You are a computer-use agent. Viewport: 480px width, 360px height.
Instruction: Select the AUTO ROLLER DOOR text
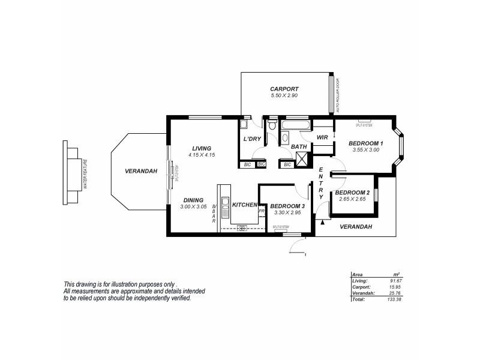point(338,95)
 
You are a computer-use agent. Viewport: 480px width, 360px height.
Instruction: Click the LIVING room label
point(202,148)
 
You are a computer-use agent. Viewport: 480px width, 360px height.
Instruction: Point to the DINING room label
point(193,200)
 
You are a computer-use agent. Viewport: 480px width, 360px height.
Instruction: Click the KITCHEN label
point(244,205)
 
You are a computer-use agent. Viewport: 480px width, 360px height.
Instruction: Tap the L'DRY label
point(251,139)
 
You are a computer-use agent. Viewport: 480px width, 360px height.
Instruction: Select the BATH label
point(299,146)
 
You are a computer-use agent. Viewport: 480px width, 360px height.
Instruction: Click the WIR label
point(322,137)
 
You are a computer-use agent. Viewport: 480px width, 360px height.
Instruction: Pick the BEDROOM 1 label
point(366,143)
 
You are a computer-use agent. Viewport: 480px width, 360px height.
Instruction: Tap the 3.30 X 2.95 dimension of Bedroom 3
point(287,212)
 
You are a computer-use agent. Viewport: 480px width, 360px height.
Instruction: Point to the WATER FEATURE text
point(86,174)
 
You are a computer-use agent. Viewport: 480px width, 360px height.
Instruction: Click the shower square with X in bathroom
point(304,161)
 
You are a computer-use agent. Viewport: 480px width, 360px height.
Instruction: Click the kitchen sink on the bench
point(226,207)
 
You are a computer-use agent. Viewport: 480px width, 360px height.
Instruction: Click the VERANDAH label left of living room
point(141,171)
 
